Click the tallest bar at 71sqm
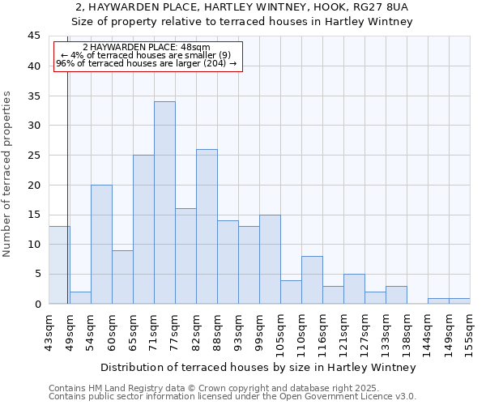click(x=164, y=202)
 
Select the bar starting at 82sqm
click(x=207, y=227)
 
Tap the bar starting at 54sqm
click(x=101, y=244)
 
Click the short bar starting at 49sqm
click(x=80, y=297)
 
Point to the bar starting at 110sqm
click(x=312, y=280)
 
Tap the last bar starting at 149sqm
click(x=459, y=301)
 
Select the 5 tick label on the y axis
click(x=37, y=274)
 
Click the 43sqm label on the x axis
click(x=49, y=328)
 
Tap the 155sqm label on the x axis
click(x=470, y=328)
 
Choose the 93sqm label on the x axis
click(x=238, y=328)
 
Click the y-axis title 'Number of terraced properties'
click(x=8, y=174)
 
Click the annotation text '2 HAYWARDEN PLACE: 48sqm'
click(x=147, y=48)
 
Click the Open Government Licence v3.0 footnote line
click(x=232, y=397)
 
